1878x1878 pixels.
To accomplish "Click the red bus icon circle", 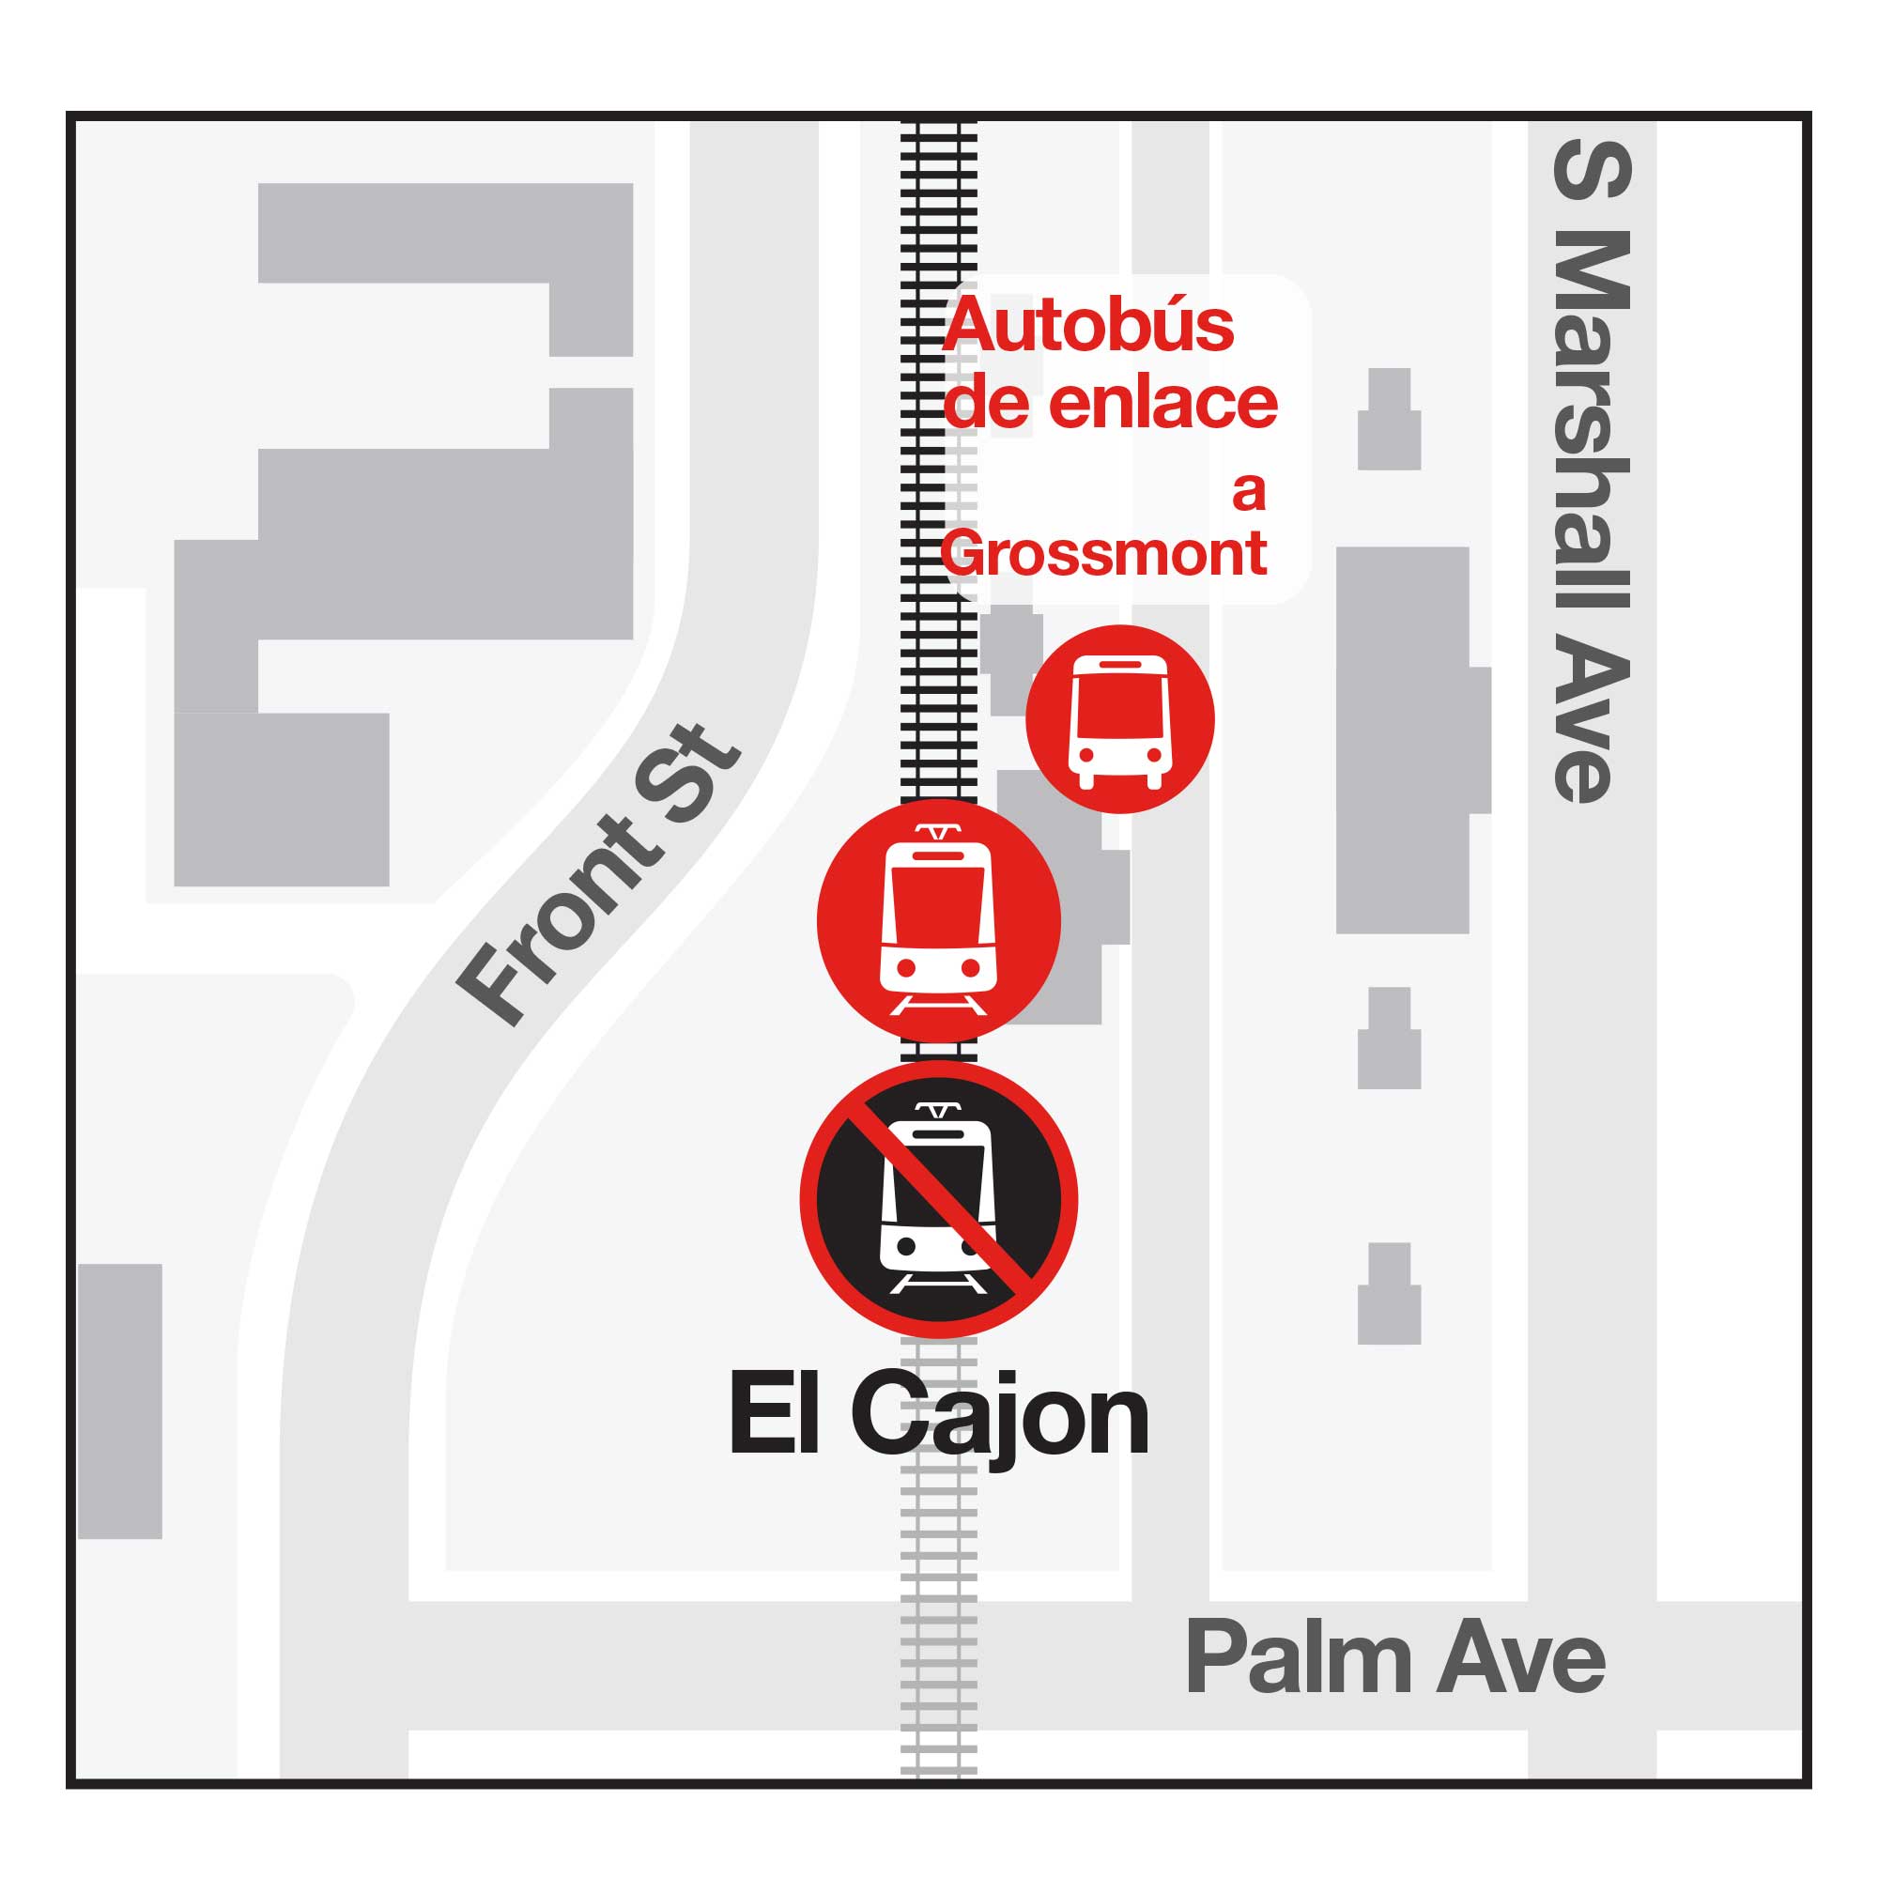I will pos(1120,719).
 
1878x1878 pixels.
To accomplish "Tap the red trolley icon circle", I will pos(938,920).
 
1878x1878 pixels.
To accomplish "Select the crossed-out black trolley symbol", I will pos(938,1199).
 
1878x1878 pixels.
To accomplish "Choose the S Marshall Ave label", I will pos(1591,471).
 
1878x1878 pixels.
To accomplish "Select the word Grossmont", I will pos(1104,554).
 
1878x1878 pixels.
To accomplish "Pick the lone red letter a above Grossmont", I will pos(1249,492).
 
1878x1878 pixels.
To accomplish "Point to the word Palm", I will pos(1299,1657).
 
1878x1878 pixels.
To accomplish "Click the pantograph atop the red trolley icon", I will pos(938,833).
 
